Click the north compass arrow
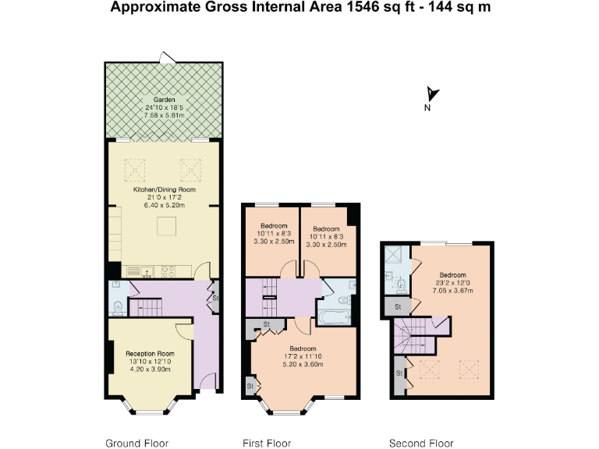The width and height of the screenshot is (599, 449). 432,94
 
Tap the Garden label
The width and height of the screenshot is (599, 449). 165,100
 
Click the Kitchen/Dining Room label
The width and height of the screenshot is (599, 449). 165,189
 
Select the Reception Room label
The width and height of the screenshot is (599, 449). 150,354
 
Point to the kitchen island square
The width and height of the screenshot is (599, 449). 167,226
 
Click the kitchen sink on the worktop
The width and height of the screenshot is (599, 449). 147,271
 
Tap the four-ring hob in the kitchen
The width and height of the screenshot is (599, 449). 168,271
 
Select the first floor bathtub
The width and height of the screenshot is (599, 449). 335,317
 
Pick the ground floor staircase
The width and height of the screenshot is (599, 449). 146,308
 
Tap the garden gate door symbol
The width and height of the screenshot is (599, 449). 168,57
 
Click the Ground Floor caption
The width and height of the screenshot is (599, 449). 136,444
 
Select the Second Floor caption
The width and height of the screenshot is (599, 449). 421,444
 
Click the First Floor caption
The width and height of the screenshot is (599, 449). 267,444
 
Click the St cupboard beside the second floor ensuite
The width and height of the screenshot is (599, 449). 398,307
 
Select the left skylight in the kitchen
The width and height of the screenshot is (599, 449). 135,170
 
